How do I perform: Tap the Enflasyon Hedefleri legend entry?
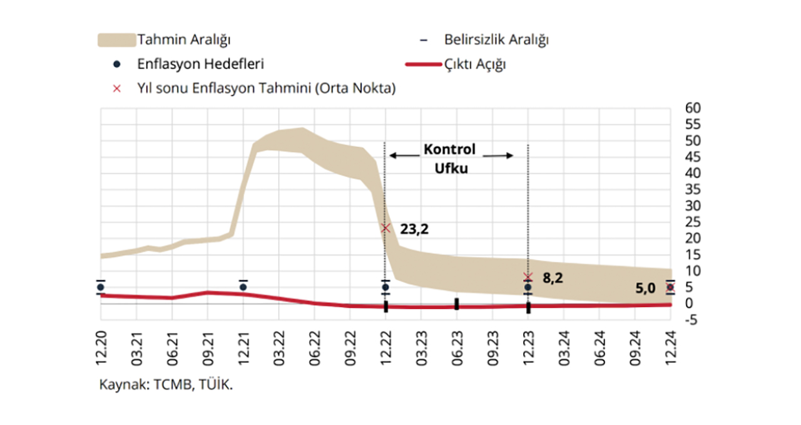[200, 64]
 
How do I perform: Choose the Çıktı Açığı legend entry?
[474, 64]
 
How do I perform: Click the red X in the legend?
[116, 88]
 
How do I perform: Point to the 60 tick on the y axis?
[693, 108]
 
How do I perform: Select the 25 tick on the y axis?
[693, 222]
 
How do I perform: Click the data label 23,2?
[414, 230]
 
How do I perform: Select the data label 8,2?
[553, 278]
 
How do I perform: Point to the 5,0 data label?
[645, 288]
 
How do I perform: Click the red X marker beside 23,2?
[386, 228]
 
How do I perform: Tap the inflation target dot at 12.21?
[243, 287]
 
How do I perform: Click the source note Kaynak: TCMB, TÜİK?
[166, 385]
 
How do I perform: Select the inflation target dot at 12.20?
[101, 287]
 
